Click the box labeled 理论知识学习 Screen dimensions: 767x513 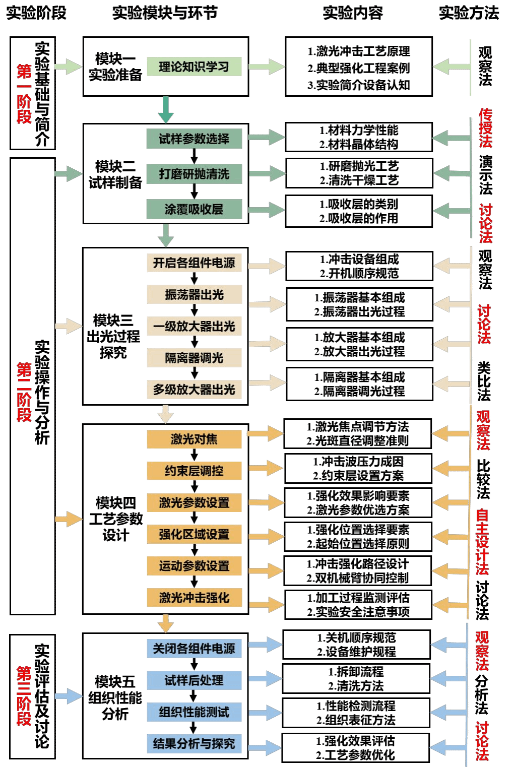pos(194,67)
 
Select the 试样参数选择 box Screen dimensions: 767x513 pos(194,139)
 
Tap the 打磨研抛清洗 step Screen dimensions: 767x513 pos(194,174)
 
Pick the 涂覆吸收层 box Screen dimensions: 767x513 pos(194,209)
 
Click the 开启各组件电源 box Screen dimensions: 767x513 pos(194,263)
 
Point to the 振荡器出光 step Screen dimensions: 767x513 pos(194,294)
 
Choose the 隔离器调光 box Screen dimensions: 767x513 pos(194,358)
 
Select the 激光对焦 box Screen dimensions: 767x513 pos(194,439)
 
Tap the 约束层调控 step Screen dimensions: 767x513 pos(194,471)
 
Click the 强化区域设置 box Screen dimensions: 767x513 pos(194,534)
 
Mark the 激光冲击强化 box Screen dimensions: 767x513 pos(194,598)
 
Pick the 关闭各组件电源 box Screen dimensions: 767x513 pos(194,649)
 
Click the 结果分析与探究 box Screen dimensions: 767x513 pos(194,744)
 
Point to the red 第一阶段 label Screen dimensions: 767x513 pos(24,94)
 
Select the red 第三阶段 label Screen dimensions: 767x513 pos(24,696)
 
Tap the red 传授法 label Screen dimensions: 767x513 pos(485,127)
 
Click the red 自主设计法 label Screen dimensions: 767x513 pos(482,542)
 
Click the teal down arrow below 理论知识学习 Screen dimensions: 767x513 pos(166,110)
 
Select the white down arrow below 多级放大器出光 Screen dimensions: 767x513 pos(165,414)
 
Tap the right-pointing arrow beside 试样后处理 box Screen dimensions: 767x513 pos(265,679)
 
